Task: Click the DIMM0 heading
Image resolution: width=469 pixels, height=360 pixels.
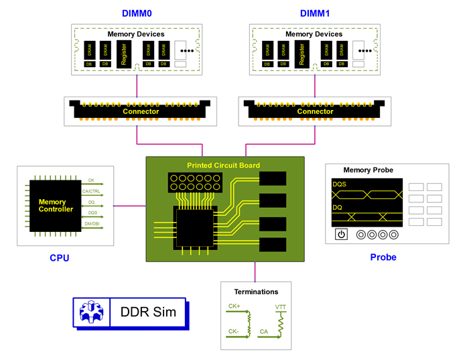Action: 137,13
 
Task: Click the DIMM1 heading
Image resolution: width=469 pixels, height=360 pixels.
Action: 314,13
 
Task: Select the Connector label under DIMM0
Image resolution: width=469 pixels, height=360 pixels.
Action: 141,111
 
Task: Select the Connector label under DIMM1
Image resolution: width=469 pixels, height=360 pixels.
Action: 316,111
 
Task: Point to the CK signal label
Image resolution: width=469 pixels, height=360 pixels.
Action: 91,180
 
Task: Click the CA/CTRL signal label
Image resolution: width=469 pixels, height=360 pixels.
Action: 91,191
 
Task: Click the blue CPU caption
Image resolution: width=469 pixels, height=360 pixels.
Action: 59,257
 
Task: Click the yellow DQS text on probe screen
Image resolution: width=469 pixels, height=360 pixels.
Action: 340,184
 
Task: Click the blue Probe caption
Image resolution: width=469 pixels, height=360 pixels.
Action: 383,257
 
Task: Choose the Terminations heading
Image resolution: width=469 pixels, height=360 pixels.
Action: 255,292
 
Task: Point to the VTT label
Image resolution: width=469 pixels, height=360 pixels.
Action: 281,306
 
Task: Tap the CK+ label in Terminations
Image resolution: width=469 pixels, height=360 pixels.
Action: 234,306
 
